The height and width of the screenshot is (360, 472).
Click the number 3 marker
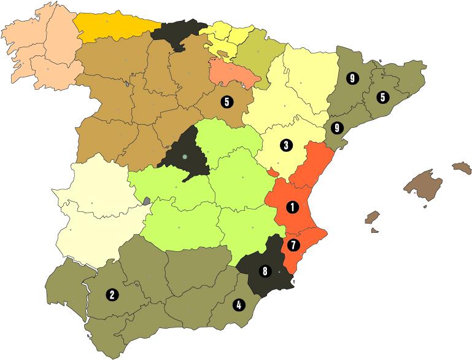coord(285,146)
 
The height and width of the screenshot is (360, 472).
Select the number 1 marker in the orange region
coord(293,207)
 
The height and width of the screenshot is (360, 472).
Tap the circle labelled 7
coord(293,245)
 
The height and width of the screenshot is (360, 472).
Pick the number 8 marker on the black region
coord(265,270)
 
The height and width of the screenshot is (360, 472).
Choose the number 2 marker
coord(112,294)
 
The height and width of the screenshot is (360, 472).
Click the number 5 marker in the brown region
coord(226,102)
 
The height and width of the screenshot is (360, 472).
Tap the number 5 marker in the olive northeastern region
coord(382,96)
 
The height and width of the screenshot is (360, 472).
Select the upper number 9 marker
coord(352,78)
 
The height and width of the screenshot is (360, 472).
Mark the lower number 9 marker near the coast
coord(336,128)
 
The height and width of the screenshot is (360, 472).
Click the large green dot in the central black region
coord(184,157)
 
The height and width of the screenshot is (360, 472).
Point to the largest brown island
coord(423,184)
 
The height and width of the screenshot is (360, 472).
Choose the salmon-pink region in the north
coord(231,73)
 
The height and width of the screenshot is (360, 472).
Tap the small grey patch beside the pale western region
coord(146,200)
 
